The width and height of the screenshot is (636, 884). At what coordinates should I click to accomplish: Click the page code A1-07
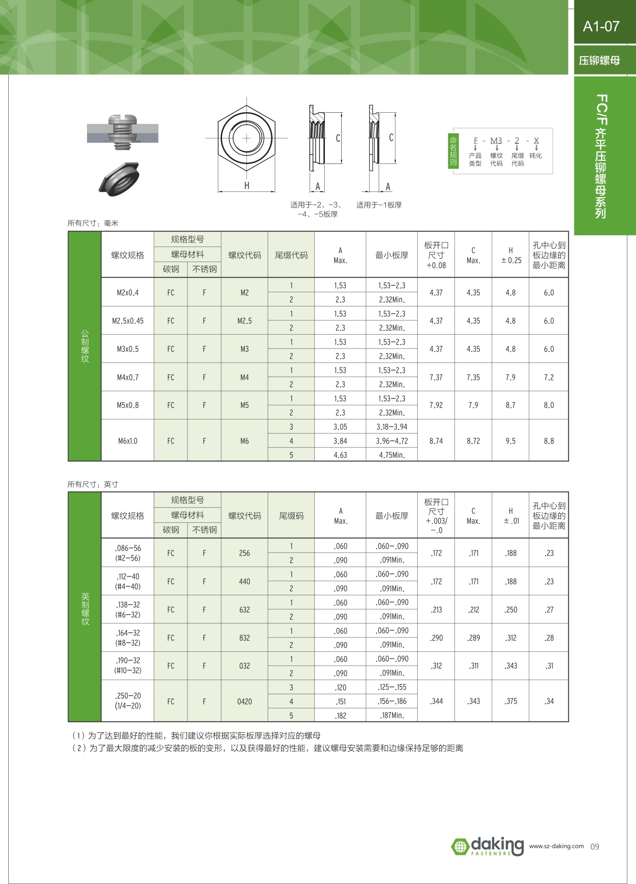pos(601,26)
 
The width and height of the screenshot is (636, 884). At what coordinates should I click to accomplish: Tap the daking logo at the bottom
pos(488,847)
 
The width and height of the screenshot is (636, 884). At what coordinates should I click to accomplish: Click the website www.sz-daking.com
pos(556,846)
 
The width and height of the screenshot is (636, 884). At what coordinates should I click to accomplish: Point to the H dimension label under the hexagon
pos(247,186)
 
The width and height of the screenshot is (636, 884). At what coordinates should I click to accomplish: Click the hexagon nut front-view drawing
pos(247,138)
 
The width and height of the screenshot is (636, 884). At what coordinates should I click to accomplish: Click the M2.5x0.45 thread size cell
pos(128,321)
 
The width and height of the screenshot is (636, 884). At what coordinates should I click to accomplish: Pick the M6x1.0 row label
pos(128,441)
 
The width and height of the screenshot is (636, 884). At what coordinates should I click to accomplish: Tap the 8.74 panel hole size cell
pos(436,441)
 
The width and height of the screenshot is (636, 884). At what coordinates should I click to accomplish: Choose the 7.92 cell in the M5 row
pos(436,405)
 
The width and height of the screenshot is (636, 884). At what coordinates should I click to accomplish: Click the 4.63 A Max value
pos(340,455)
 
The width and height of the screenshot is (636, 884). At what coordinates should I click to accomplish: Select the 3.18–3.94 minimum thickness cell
pos(392,427)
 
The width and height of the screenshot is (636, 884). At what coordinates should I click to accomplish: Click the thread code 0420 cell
pos(244,701)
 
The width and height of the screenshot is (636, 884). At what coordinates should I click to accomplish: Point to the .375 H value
pos(510,701)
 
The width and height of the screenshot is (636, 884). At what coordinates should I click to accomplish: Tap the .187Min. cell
pos(392,716)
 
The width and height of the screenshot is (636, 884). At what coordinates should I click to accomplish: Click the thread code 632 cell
pos(244,610)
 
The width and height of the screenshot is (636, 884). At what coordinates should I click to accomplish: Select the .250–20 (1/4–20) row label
pos(128,701)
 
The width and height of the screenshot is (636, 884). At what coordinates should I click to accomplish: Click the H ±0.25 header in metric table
pos(510,255)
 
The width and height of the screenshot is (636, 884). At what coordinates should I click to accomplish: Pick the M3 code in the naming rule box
pos(496,141)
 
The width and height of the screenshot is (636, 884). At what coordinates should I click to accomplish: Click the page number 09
pos(594,847)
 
